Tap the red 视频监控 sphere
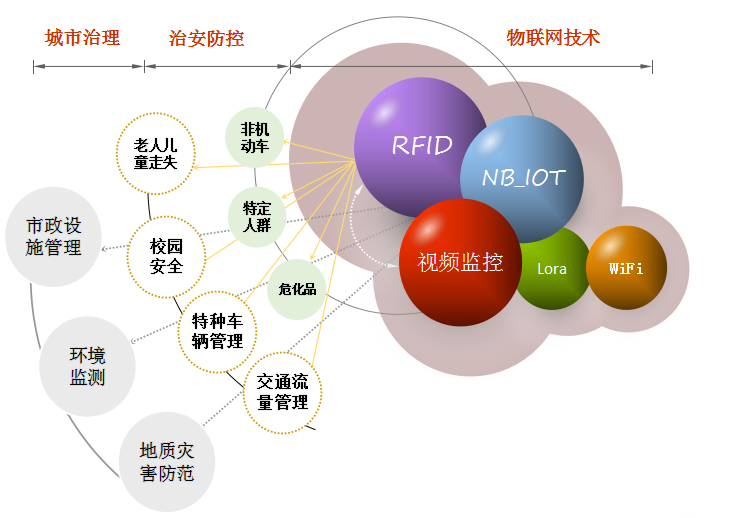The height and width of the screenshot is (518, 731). coord(459,262)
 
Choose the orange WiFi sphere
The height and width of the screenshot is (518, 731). coord(626,267)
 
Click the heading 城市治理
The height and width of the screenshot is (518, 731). coord(82,38)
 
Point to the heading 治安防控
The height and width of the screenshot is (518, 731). coord(207,38)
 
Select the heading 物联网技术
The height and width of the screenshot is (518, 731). coord(553,38)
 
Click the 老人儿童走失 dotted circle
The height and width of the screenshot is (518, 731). coord(155,153)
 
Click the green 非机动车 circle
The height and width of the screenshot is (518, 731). coord(255,137)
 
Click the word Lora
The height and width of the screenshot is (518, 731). coord(552,269)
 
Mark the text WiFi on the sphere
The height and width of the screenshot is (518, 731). coord(626,268)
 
